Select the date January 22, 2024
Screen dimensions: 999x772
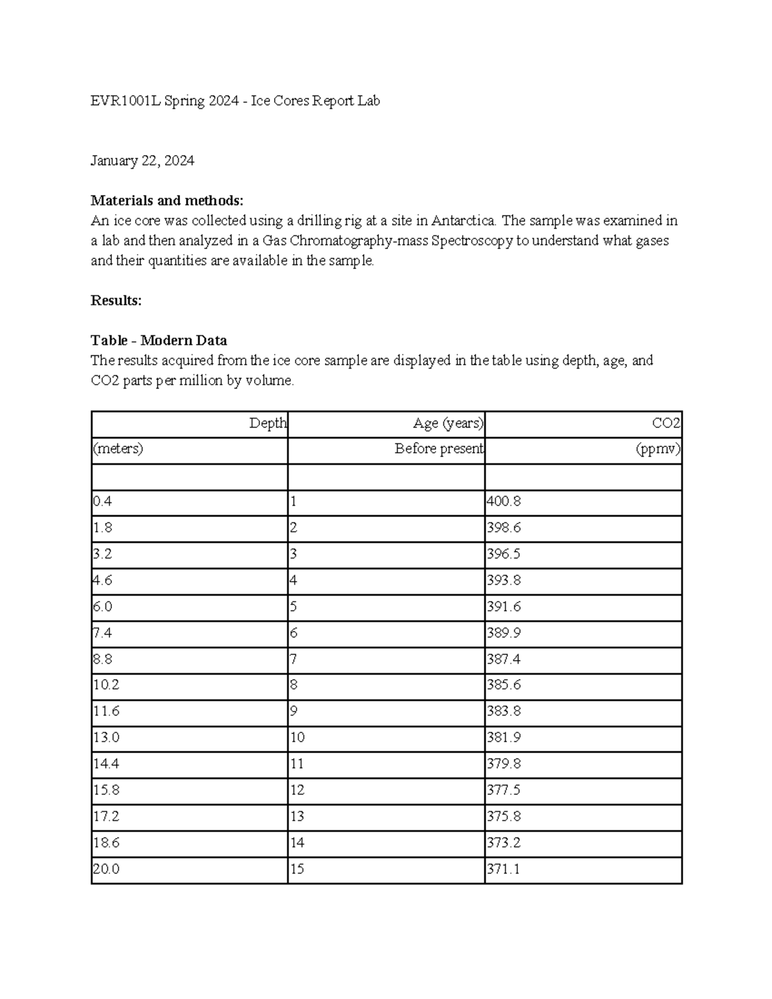click(x=142, y=161)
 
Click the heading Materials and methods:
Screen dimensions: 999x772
click(x=167, y=201)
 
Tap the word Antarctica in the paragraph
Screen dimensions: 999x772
click(x=463, y=221)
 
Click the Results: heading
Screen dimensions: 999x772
click(x=116, y=300)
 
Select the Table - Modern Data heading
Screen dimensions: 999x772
click(x=159, y=340)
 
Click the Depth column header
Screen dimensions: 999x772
click(x=268, y=423)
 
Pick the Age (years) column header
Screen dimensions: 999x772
click(x=448, y=423)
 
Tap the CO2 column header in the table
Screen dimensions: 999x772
click(x=666, y=423)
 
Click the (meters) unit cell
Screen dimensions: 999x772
click(x=118, y=449)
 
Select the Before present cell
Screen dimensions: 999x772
click(x=439, y=449)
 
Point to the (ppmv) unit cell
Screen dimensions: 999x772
click(x=657, y=449)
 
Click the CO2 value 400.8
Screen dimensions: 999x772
click(x=504, y=502)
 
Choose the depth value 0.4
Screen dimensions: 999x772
click(x=102, y=502)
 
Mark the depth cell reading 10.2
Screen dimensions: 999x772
click(x=106, y=685)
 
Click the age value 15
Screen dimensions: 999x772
click(x=297, y=870)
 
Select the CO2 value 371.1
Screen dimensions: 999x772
click(x=503, y=870)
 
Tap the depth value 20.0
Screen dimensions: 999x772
click(x=106, y=870)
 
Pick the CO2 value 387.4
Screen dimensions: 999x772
click(x=504, y=659)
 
